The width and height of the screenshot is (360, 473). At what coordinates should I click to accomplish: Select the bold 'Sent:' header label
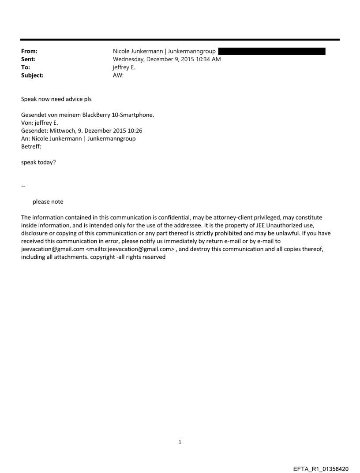[x=28, y=60]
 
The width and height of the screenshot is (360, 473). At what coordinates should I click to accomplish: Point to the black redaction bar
[x=272, y=52]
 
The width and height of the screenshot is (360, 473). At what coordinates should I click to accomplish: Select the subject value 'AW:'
[x=118, y=75]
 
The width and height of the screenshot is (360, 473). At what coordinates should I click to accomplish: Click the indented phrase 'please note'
[x=48, y=202]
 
